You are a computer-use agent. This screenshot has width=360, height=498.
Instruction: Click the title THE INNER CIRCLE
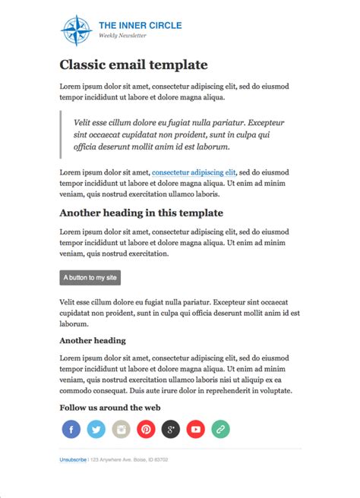tap(140, 26)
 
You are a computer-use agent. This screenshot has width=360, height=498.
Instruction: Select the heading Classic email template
tap(133, 65)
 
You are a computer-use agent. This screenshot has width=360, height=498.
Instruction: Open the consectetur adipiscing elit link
tap(194, 172)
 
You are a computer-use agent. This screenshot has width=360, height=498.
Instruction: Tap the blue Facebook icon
tap(71, 430)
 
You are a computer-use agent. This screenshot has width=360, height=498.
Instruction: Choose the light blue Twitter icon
tap(96, 430)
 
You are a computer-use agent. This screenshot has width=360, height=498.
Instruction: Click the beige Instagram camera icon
tap(121, 430)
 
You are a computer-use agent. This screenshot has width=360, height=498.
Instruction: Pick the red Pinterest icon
tap(146, 430)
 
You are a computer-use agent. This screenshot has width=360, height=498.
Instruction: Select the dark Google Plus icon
tap(171, 430)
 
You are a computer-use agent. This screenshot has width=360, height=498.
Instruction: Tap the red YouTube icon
tap(196, 430)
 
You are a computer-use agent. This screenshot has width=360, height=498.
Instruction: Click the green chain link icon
tap(221, 430)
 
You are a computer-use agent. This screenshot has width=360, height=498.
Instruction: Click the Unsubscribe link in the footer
tap(73, 459)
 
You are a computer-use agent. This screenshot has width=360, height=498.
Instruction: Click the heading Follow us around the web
tap(109, 408)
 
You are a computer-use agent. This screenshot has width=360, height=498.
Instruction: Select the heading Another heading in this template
tap(141, 213)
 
